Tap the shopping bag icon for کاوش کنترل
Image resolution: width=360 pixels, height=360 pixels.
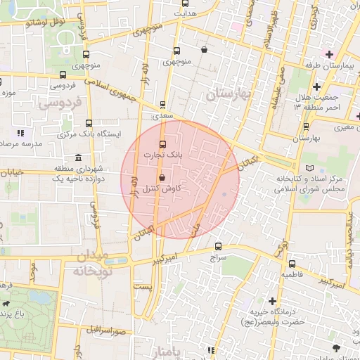[x=163, y=177]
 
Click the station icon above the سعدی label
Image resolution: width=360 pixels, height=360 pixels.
[x=164, y=104]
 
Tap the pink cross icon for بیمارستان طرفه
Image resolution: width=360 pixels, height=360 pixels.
[x=328, y=54]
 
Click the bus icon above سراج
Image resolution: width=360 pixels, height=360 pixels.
[x=218, y=247]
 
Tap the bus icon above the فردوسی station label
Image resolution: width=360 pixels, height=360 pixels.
[x=63, y=75]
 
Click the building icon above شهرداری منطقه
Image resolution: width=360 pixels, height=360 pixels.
[x=77, y=157]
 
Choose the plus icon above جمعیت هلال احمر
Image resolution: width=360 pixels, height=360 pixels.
[x=317, y=86]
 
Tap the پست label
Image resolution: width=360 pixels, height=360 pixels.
[x=143, y=288]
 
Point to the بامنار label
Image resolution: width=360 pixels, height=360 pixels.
[x=172, y=351]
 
